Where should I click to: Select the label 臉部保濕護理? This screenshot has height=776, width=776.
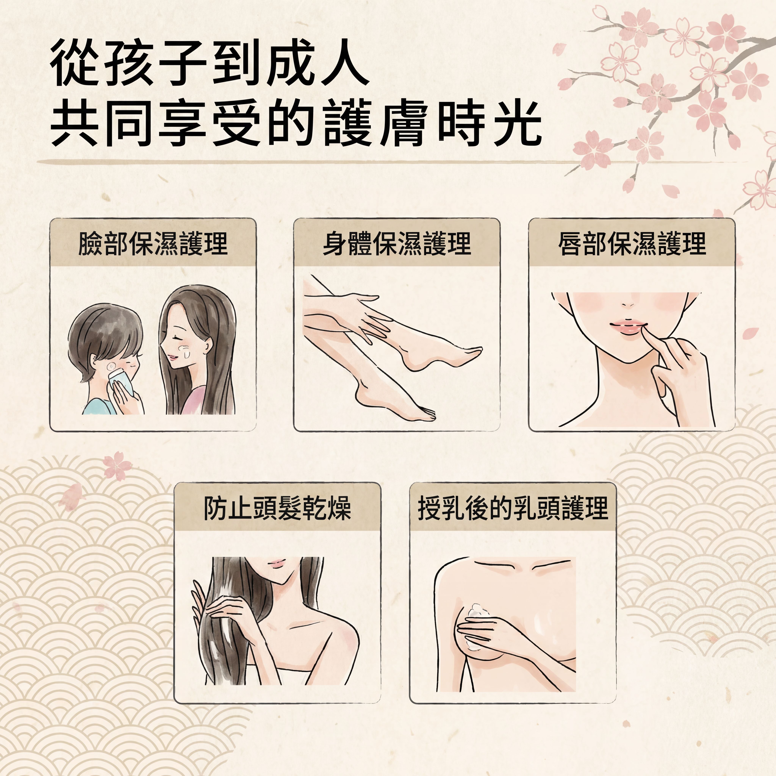[x=153, y=243]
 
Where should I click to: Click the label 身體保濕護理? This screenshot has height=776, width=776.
[x=397, y=243]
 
